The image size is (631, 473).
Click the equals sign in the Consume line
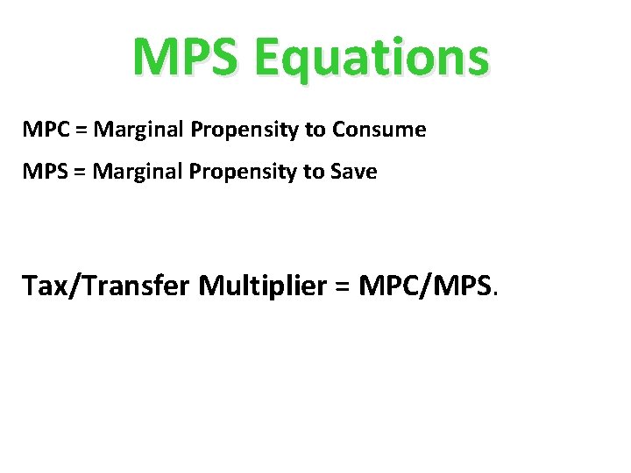pyautogui.click(x=81, y=131)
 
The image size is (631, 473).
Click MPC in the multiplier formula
pyautogui.click(x=386, y=286)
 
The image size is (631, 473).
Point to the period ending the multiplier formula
pyautogui.click(x=497, y=295)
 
